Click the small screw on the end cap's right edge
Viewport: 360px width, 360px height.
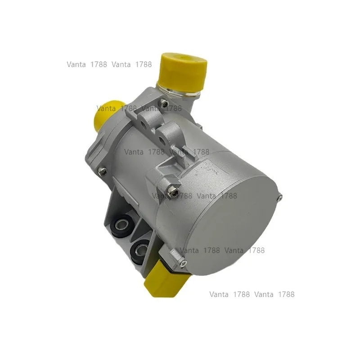point(280,196)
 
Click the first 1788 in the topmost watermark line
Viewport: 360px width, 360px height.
point(98,64)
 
